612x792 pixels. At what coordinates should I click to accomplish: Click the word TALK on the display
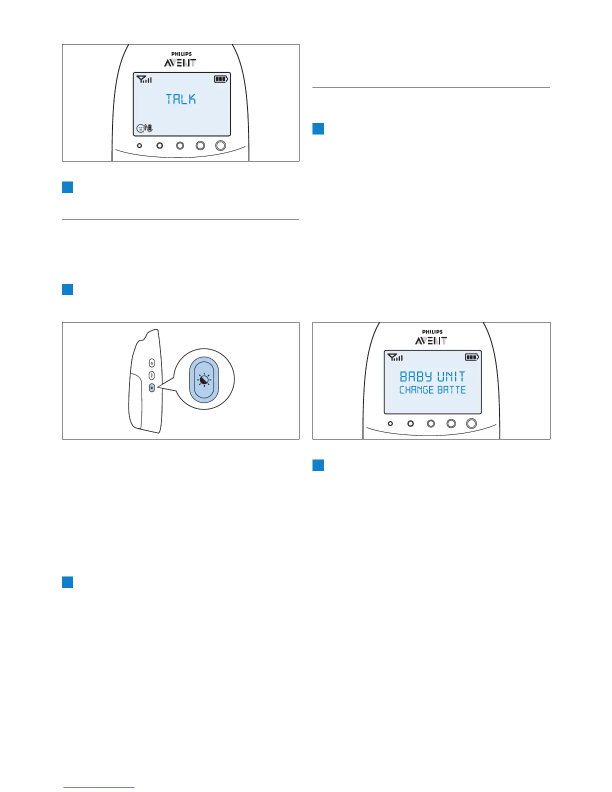181,99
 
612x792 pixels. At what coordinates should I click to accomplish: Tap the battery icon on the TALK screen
220,79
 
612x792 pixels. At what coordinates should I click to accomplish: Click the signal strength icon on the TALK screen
144,79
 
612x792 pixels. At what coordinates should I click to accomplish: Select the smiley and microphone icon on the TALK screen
144,128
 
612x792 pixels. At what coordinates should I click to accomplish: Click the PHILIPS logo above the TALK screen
181,54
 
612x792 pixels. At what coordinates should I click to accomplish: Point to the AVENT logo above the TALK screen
180,63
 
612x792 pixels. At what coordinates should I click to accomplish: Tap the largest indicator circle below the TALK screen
220,145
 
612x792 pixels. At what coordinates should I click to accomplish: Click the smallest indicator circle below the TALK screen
139,145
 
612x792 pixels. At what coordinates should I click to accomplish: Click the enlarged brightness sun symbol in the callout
204,380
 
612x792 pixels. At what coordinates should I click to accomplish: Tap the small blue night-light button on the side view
152,387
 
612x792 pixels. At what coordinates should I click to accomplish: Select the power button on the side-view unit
152,363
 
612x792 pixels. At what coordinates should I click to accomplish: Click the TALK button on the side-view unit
152,375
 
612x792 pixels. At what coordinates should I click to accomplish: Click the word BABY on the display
415,376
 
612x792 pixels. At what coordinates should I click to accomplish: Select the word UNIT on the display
451,376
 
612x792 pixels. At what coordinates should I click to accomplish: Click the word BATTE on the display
451,390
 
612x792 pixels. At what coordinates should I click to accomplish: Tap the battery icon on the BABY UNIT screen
471,357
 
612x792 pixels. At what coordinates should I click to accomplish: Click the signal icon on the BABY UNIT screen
395,357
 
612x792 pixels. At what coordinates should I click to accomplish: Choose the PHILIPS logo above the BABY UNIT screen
432,332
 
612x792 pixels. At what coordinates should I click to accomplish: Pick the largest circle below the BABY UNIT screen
471,423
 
